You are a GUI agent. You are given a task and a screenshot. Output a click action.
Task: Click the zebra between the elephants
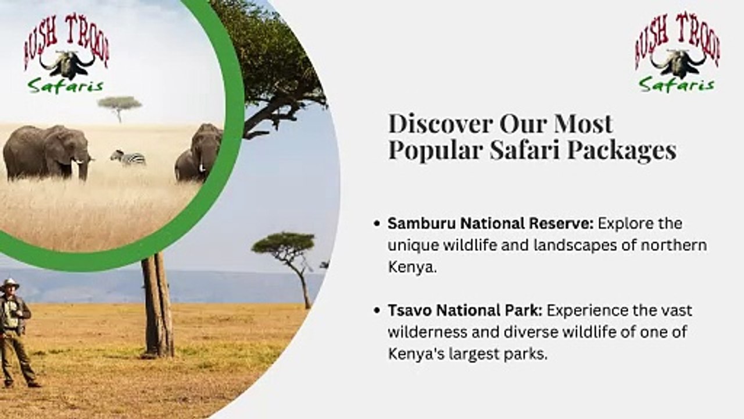[x=128, y=157]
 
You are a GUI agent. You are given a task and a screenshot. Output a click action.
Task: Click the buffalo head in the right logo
[x=677, y=62]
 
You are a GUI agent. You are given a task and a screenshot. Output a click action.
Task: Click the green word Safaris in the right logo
[x=677, y=85]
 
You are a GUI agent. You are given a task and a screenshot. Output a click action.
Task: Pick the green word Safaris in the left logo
[x=65, y=86]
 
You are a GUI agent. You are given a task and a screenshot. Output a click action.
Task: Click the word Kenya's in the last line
[x=416, y=354]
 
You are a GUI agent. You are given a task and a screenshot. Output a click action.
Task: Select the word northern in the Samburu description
[x=674, y=246]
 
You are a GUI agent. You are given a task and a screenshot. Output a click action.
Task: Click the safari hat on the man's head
[x=9, y=283]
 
